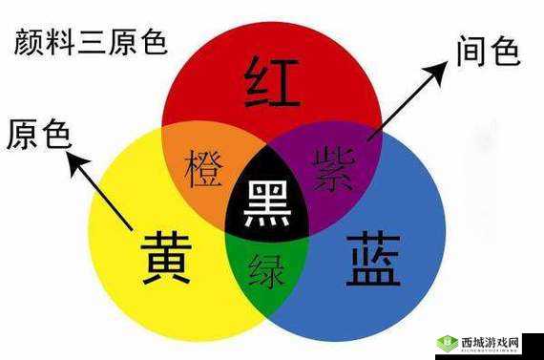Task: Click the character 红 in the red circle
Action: tap(273, 82)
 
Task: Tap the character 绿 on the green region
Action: tap(267, 270)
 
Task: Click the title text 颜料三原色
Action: tap(92, 43)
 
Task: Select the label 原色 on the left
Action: tap(37, 136)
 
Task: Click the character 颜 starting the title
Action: tap(29, 43)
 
